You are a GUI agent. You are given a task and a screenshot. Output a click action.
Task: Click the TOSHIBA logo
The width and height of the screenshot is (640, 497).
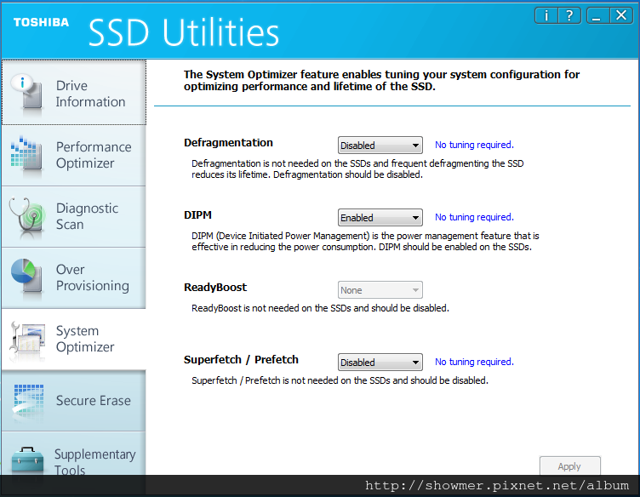(41, 22)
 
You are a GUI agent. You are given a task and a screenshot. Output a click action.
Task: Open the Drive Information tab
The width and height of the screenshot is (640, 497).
(74, 92)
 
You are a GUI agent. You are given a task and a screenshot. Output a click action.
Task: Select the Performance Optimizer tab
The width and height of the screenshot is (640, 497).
(74, 156)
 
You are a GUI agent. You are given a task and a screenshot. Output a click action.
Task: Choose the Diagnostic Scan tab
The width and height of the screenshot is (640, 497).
(74, 217)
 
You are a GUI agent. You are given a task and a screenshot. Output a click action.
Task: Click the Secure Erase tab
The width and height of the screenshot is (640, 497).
(74, 401)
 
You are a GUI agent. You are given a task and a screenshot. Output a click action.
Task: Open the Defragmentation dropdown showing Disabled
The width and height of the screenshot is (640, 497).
(380, 146)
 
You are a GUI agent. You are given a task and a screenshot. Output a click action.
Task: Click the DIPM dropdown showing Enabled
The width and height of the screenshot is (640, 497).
(380, 218)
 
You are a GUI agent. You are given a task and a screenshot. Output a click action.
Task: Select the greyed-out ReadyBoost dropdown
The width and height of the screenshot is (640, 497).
(380, 289)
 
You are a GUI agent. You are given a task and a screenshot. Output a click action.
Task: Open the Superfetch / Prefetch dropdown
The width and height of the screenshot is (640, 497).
(380, 362)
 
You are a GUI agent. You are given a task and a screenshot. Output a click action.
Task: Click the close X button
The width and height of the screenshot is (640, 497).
(621, 16)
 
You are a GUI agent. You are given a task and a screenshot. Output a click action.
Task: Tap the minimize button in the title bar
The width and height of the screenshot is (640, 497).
(598, 16)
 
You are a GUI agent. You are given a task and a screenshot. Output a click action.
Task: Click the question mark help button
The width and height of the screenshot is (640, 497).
(569, 16)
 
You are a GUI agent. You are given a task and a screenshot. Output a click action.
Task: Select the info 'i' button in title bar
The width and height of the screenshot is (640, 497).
(546, 16)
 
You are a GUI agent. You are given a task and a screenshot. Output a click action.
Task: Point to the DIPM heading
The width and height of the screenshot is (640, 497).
(197, 215)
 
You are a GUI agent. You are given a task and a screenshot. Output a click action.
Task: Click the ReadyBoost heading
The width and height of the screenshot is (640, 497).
(215, 288)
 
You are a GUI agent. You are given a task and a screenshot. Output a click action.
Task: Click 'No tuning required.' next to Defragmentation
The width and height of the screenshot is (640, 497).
(474, 145)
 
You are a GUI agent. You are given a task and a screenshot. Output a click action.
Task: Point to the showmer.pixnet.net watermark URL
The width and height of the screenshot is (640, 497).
(497, 486)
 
